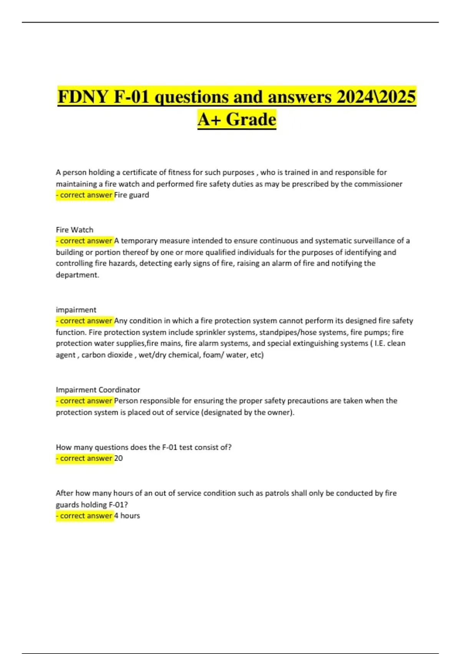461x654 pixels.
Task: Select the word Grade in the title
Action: [x=251, y=119]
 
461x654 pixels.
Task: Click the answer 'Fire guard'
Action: [x=131, y=195]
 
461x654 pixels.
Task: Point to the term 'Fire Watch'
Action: [x=75, y=230]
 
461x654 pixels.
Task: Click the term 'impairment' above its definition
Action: [x=76, y=310]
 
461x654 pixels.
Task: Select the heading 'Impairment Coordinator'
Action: [x=98, y=390]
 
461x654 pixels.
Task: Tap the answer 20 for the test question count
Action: [x=118, y=458]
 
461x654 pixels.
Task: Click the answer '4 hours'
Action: [x=127, y=516]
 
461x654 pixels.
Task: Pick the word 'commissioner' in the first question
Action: [x=378, y=184]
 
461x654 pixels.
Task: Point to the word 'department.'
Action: [x=78, y=275]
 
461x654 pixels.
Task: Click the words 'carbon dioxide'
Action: [x=107, y=355]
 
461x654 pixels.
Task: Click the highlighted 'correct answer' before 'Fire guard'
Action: [x=85, y=195]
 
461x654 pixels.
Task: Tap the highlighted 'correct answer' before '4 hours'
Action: [x=85, y=516]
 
